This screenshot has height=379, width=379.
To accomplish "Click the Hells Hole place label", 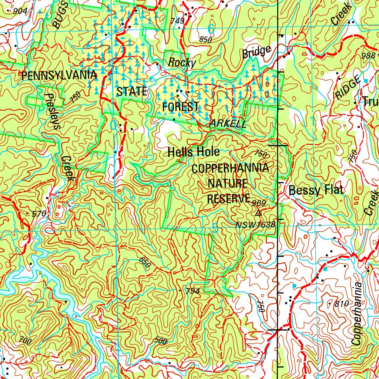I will (194, 152).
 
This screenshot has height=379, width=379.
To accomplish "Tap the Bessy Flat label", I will (316, 191).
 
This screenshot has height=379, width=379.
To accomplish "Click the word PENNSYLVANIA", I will (59, 76).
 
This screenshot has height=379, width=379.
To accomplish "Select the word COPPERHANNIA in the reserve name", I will (230, 168).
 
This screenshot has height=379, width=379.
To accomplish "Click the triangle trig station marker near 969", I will (258, 213).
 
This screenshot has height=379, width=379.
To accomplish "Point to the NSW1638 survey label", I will (255, 225).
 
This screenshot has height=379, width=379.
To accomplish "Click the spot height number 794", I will (192, 291).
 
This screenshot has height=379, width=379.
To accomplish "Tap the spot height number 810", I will (341, 304).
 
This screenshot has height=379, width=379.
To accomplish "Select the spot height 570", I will (38, 214).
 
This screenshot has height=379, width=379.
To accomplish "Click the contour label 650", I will (145, 263).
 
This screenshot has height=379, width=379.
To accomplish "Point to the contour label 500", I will (160, 341).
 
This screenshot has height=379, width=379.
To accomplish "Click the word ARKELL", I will (228, 124).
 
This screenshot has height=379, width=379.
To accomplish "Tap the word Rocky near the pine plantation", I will (182, 63).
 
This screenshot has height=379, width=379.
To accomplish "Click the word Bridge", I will (256, 52).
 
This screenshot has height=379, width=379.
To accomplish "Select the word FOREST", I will (180, 107).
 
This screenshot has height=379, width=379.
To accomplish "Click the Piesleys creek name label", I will (52, 111).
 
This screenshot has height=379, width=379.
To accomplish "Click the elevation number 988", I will (368, 56).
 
